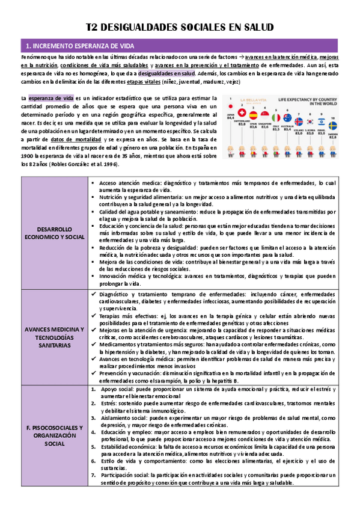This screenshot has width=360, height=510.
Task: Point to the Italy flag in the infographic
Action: click(x=276, y=118)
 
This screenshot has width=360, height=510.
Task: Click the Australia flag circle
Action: click(x=288, y=118)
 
